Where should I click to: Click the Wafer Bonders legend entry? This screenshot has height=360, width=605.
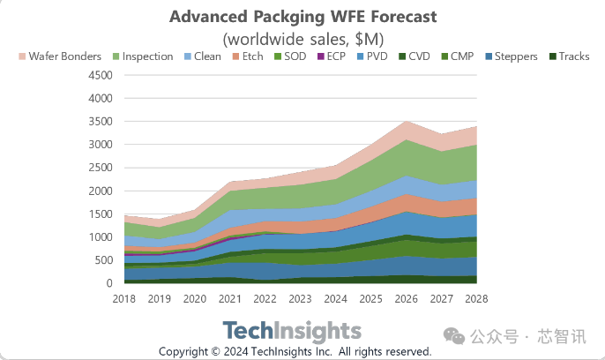(60, 56)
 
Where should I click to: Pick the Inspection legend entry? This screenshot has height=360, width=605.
(143, 56)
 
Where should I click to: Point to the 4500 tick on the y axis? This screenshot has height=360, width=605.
(101, 75)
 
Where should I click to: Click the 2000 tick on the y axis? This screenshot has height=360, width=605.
(101, 191)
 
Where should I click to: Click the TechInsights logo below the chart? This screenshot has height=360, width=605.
(292, 331)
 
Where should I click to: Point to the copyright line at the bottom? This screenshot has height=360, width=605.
(295, 351)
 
